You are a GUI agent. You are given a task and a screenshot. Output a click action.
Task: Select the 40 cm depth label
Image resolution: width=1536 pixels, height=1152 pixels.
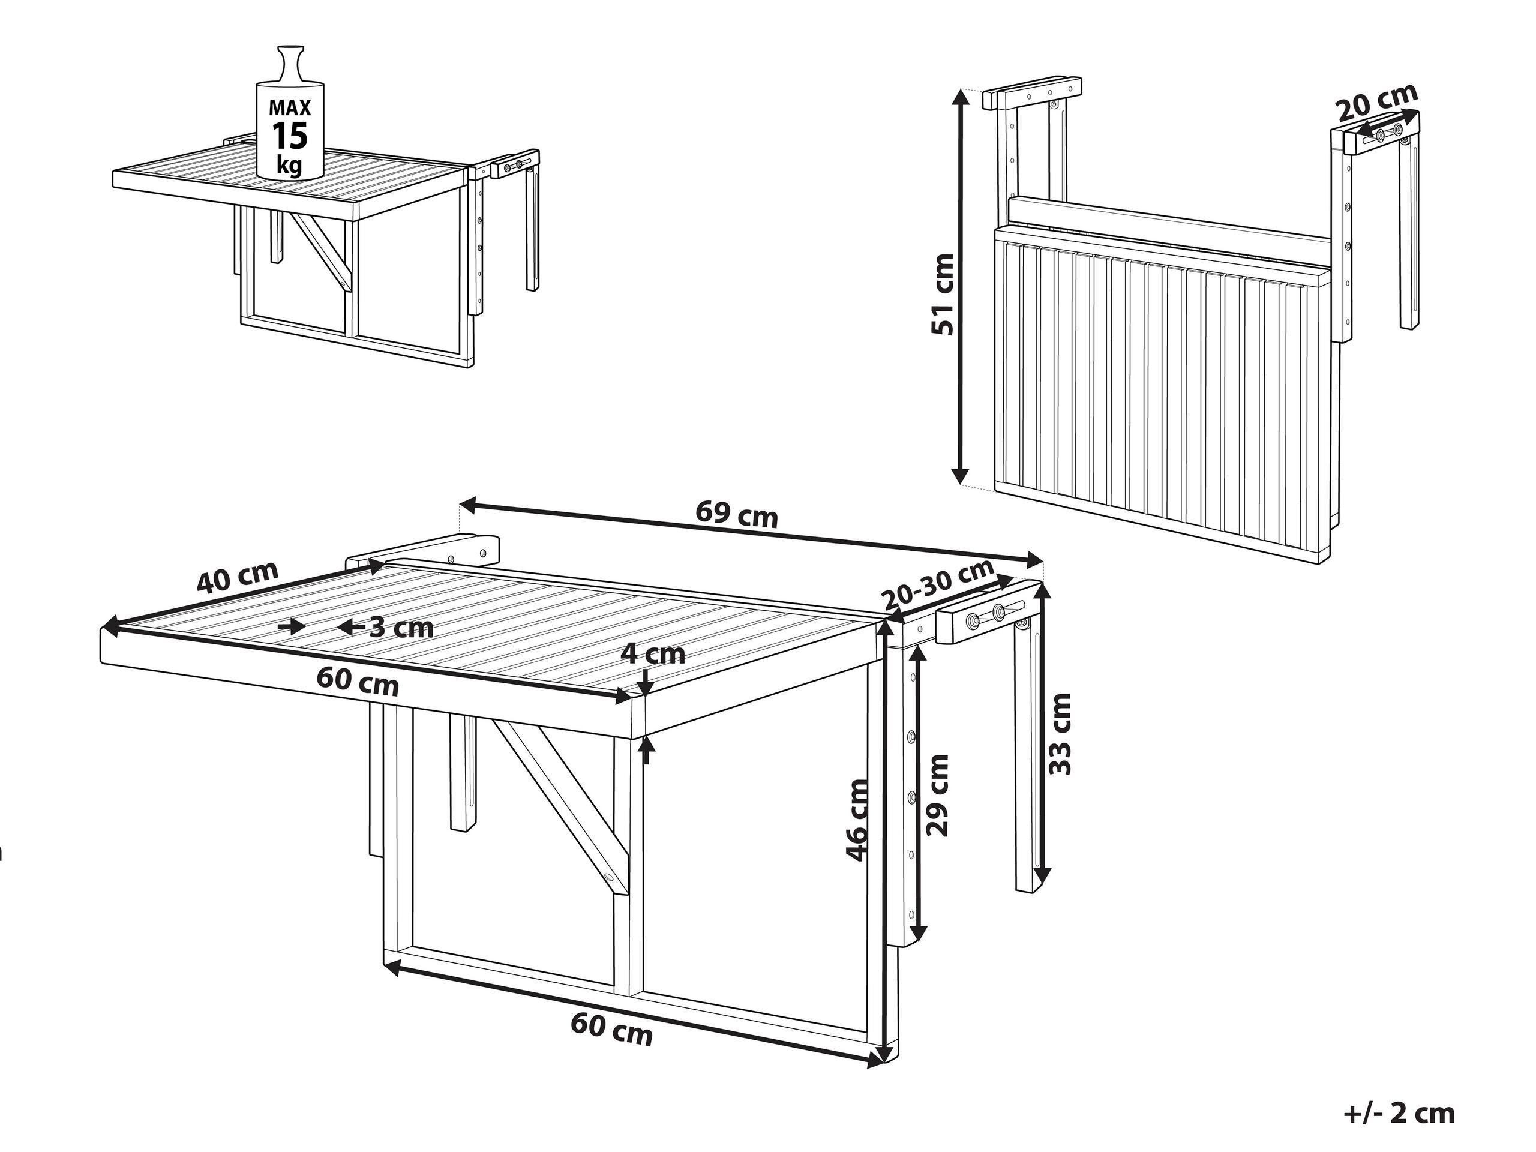(x=238, y=577)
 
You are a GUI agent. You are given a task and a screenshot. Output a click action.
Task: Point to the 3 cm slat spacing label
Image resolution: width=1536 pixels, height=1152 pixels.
(x=401, y=628)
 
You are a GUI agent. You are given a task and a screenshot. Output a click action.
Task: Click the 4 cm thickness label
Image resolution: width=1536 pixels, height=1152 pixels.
(x=653, y=654)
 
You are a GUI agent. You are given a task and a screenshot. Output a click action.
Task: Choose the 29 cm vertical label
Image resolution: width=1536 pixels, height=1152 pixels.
(x=937, y=796)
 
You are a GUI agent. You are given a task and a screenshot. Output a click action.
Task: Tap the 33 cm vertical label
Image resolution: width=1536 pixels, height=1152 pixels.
(x=1060, y=734)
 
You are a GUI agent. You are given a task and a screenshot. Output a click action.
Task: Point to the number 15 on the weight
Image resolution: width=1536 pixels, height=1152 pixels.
(x=290, y=136)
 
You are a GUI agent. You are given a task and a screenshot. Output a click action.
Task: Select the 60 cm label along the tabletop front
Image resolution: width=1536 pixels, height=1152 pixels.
(x=358, y=681)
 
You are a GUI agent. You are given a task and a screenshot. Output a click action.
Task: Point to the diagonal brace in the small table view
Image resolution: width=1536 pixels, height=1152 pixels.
(x=320, y=247)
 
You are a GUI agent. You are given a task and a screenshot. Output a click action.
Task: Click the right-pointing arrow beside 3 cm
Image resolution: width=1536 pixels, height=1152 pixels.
(x=292, y=627)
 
